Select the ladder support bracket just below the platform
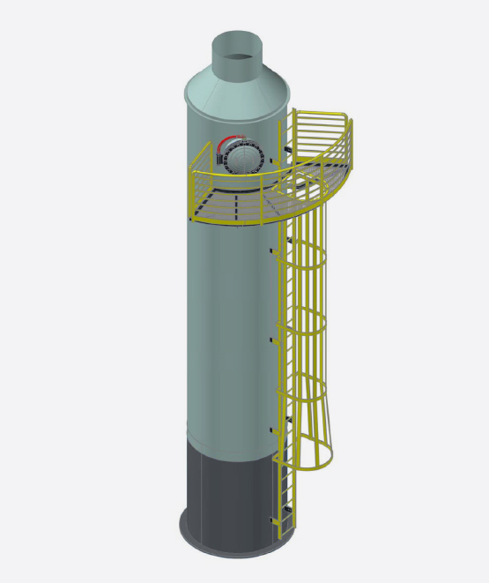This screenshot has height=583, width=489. (x=272, y=251)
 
